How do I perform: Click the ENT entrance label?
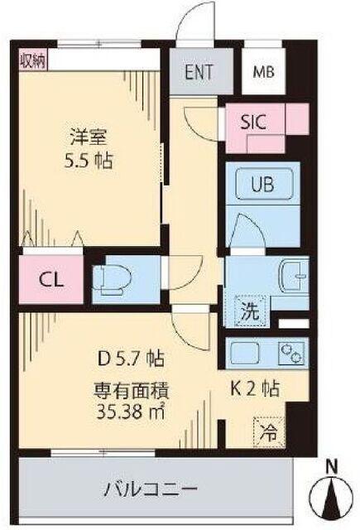click(x=199, y=72)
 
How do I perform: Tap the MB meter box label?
click(x=264, y=72)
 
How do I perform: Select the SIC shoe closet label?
click(x=253, y=122)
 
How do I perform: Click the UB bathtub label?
click(x=262, y=185)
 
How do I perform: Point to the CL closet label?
click(x=51, y=280)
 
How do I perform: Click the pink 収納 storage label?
click(x=33, y=60)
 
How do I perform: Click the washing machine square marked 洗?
click(x=252, y=311)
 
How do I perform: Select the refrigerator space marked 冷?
click(x=268, y=432)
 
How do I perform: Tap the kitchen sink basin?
click(x=244, y=353)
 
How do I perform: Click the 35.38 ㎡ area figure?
click(x=131, y=412)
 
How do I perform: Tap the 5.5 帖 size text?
click(x=89, y=161)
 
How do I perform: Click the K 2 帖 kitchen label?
click(x=255, y=389)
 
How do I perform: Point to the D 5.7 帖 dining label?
click(x=131, y=359)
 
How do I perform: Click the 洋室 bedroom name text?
click(x=89, y=137)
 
